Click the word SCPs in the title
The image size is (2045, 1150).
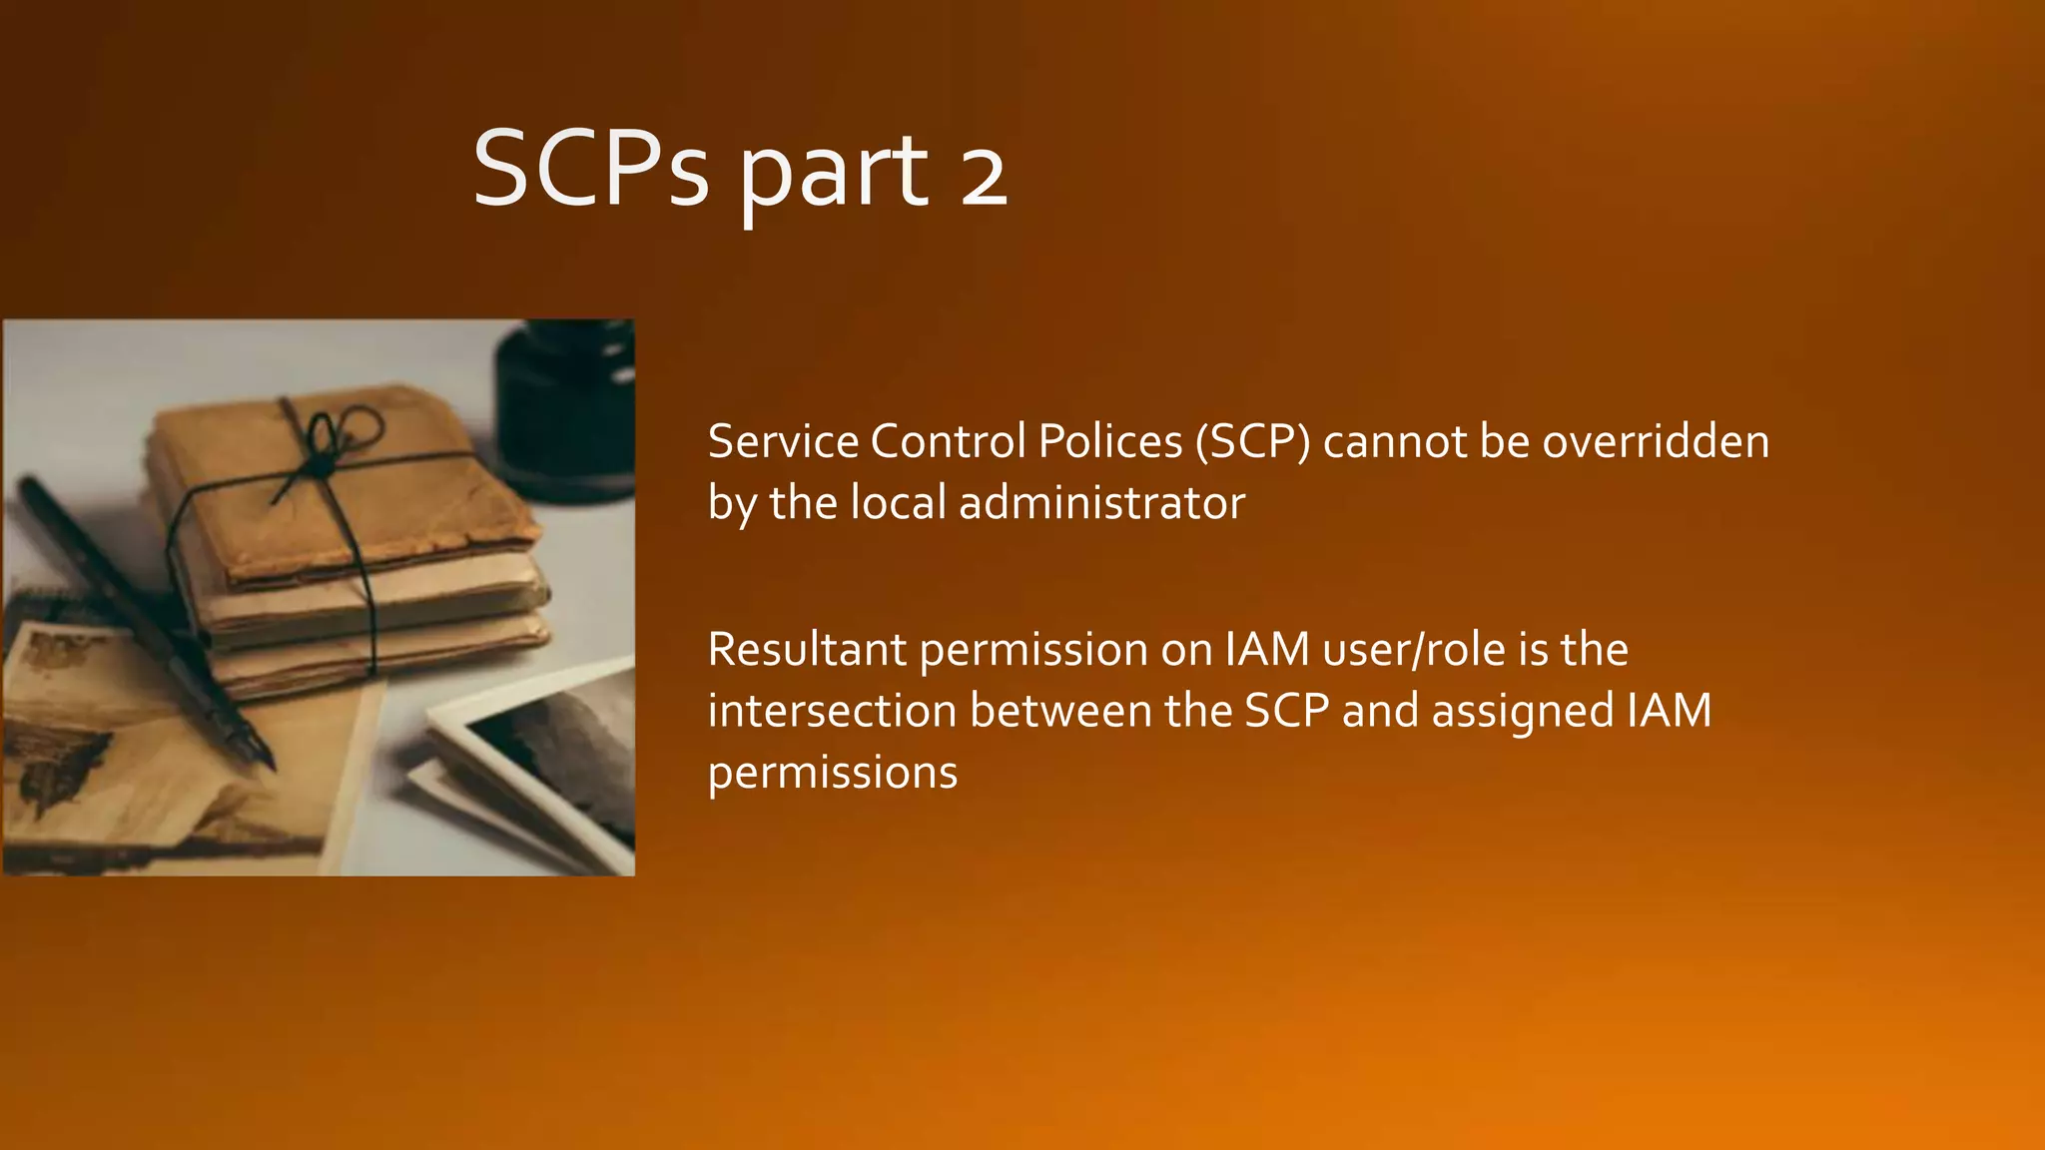590,170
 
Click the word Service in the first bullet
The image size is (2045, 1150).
783,441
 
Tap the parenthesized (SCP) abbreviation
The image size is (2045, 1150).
1252,441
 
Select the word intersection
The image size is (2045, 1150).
832,711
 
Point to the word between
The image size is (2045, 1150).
1060,711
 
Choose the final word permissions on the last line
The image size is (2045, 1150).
833,773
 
